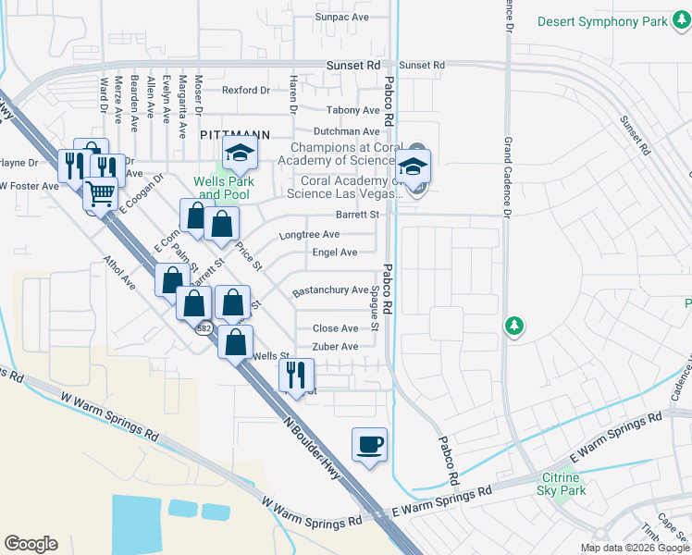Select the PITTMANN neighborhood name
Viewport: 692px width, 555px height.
234,134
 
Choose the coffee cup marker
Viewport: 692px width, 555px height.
369,445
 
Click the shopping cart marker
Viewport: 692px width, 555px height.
101,195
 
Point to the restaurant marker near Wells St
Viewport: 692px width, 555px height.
297,376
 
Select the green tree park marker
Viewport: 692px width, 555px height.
513,326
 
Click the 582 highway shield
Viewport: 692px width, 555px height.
205,327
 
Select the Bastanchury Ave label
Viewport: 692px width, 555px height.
330,290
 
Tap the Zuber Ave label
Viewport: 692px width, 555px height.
335,347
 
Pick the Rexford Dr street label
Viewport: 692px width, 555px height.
246,90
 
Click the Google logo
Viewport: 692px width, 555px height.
31,544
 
